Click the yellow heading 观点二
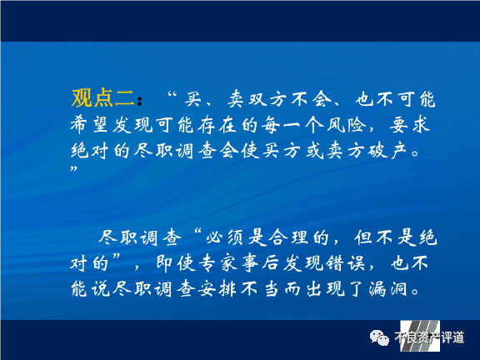pos(103,98)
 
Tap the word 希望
pos(90,125)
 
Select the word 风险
pos(347,125)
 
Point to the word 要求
pos(410,125)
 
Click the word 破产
pos(387,151)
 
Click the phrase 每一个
pos(292,125)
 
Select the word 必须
pos(224,237)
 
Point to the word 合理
pos(288,237)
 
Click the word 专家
pos(218,263)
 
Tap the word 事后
pos(261,263)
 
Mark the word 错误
pos(345,263)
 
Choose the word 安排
pos(217,289)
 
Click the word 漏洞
pos(388,289)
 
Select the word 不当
pos(259,289)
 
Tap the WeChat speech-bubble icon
pos(379,337)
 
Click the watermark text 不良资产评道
pos(429,337)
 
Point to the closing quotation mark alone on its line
pos(74,168)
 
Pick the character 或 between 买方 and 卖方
pos(315,151)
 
